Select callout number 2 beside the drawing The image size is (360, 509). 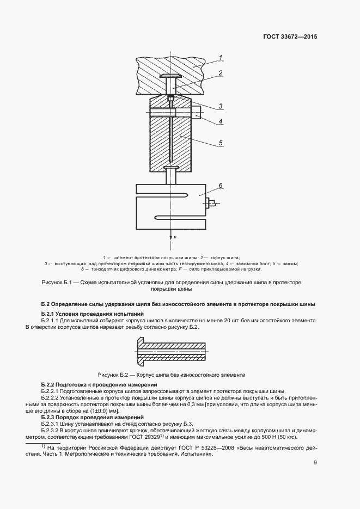[x=220, y=72]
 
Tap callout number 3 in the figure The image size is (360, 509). [x=221, y=106]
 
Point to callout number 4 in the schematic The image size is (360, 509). [x=221, y=121]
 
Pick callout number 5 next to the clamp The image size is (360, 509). [x=221, y=143]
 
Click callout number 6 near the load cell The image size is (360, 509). [x=221, y=186]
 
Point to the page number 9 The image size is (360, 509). [x=315, y=463]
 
